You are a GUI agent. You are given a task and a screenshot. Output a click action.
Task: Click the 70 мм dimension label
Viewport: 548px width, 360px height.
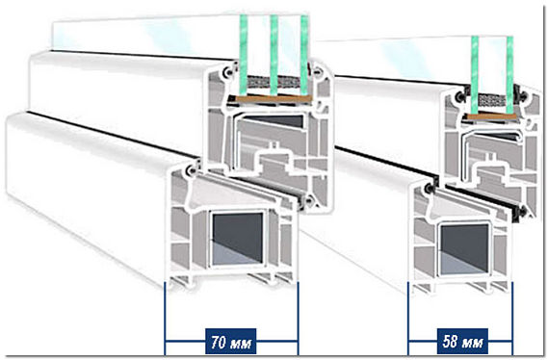231,342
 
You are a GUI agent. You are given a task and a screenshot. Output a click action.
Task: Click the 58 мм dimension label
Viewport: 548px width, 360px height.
462,341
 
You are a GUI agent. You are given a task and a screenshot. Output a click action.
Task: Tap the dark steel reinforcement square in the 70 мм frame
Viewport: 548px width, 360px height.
238,238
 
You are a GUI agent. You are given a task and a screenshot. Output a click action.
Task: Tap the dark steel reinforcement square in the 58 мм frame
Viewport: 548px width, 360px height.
464,248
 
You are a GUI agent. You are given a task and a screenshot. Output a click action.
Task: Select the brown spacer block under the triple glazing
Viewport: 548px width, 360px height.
274,99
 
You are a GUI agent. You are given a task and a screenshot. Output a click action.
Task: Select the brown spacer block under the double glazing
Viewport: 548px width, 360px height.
491,117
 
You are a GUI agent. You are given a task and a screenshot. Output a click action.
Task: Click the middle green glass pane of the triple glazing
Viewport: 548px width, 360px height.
274,55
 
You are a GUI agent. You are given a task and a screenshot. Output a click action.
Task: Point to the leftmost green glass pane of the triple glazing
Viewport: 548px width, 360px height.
244,55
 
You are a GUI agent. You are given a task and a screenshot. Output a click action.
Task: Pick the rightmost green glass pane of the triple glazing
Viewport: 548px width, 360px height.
304,55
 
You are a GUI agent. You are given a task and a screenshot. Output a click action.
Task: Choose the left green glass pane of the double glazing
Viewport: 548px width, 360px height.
475,75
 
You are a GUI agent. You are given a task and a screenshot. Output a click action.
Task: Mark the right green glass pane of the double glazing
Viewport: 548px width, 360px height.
509,75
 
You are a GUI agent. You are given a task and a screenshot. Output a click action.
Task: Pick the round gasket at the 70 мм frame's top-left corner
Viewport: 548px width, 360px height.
191,170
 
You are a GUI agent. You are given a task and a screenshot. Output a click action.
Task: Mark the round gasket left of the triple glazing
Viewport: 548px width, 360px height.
228,73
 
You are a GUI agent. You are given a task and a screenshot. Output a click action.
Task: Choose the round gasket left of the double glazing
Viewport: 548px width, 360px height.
460,97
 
